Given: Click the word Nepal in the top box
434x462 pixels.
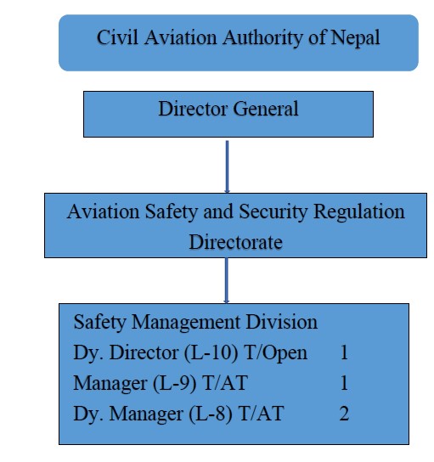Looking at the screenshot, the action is pos(355,38).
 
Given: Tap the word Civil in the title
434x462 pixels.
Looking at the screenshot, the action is pos(117,37).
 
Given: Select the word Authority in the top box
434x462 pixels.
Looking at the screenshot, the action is pos(262,38).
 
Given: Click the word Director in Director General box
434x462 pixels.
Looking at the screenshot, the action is pos(193,109).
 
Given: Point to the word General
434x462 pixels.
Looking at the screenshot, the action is pos(266,109).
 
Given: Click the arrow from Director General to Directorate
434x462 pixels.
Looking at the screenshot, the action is pos(227,166).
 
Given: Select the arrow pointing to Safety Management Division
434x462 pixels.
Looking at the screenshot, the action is pos(226,280).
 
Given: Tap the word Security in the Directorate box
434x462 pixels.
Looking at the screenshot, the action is pos(273,212).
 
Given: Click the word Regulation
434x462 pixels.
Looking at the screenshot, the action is pos(359,212).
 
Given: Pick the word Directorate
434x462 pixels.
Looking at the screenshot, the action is pos(236,242).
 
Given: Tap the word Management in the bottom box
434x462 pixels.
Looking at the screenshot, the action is pos(186,322).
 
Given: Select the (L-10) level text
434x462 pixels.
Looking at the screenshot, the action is pos(211,352).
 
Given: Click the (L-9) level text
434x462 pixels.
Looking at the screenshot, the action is pos(175,383).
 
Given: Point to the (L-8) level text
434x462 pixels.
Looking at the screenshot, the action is pos(210,414).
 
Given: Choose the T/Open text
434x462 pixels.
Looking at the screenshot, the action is pos(276,352).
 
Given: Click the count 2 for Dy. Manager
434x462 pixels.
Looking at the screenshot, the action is pos(344,414).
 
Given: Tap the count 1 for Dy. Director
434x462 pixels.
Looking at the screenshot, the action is pos(344,352).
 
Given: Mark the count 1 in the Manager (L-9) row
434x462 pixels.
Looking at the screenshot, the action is pos(344,383).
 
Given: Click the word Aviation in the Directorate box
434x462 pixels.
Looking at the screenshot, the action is pos(104,211).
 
